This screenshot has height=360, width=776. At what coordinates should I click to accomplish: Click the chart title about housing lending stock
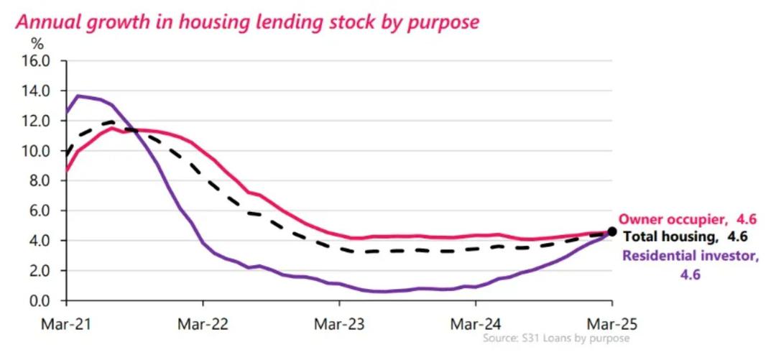click(247, 22)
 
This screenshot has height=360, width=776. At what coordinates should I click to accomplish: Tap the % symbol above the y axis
click(37, 43)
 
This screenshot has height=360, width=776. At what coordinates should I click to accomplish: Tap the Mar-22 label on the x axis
click(202, 323)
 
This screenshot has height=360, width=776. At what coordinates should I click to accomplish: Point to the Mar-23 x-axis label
click(339, 323)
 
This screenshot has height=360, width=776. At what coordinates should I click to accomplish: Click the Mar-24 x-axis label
click(476, 323)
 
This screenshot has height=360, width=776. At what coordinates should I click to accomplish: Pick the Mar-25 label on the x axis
click(611, 323)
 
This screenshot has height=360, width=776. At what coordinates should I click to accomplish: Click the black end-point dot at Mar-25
click(612, 231)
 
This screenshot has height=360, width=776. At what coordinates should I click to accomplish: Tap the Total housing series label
click(685, 236)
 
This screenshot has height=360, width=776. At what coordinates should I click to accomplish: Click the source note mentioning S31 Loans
click(556, 338)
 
